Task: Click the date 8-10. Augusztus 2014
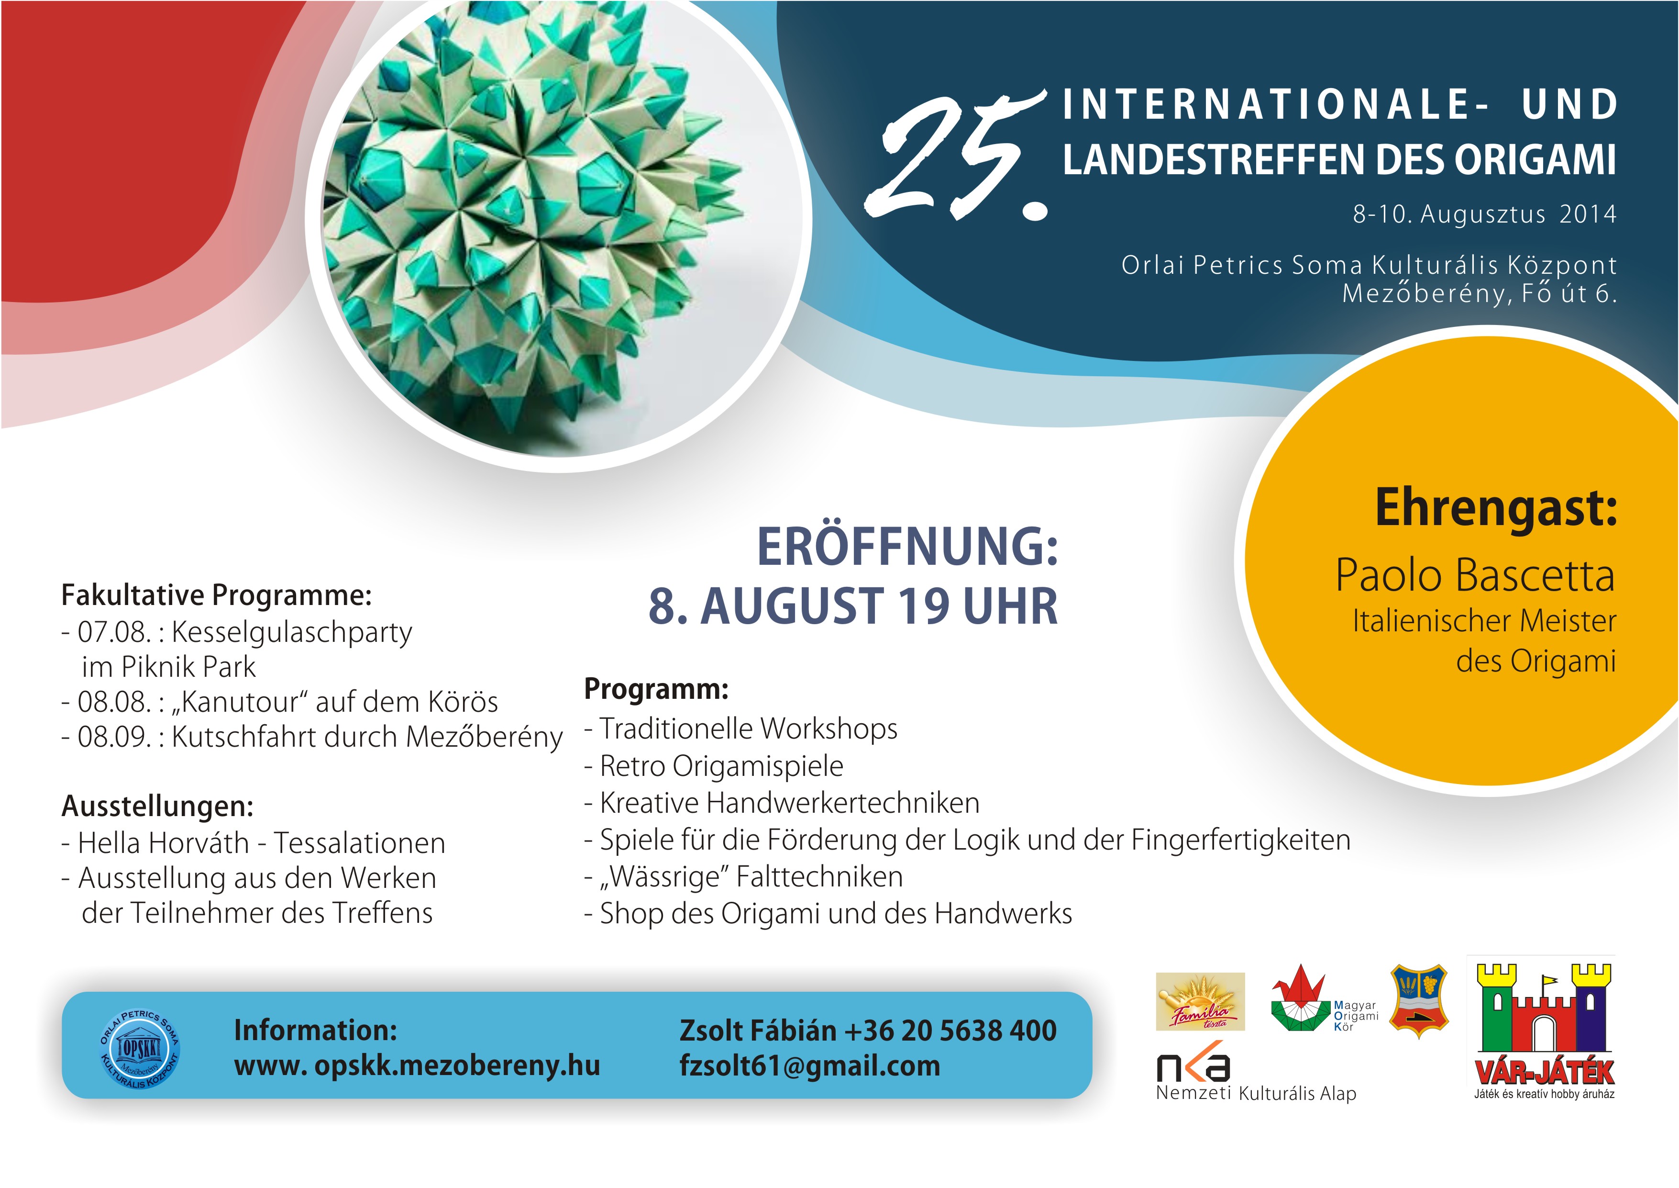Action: [x=1484, y=214]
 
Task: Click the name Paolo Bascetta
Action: [x=1475, y=575]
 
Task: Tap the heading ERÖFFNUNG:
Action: [x=907, y=547]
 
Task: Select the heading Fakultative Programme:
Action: [x=217, y=595]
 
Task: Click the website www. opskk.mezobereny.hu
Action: [x=417, y=1066]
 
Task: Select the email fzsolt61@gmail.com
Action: [x=809, y=1066]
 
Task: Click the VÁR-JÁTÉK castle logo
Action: [x=1545, y=1031]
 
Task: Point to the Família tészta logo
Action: [x=1200, y=1001]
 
